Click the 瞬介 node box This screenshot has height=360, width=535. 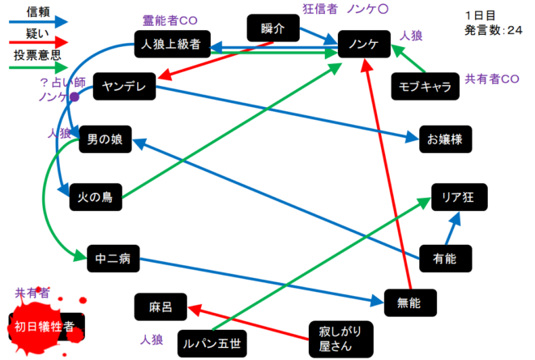tap(272, 28)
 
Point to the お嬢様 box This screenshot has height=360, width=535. tap(445, 139)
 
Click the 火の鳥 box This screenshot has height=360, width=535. tap(95, 197)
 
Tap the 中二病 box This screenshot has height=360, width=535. tap(113, 261)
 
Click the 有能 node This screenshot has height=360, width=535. tap(445, 259)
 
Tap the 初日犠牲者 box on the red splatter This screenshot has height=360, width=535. tap(45, 327)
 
